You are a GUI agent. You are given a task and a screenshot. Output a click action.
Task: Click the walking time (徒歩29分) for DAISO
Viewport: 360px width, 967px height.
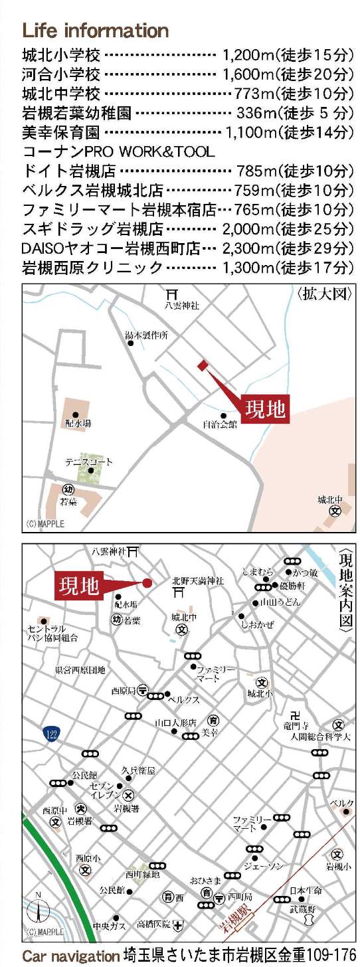pyautogui.click(x=314, y=249)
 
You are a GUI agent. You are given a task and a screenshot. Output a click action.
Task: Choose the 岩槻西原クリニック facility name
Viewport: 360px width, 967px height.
pyautogui.click(x=92, y=268)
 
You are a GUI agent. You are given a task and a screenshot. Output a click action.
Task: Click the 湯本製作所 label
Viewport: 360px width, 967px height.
pyautogui.click(x=147, y=336)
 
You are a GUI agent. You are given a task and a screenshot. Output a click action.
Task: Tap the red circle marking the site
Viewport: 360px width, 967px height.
pyautogui.click(x=147, y=582)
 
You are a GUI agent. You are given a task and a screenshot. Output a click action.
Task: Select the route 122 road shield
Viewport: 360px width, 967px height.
pyautogui.click(x=52, y=733)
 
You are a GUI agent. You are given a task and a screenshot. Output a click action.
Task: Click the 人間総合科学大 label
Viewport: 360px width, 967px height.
pyautogui.click(x=319, y=737)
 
